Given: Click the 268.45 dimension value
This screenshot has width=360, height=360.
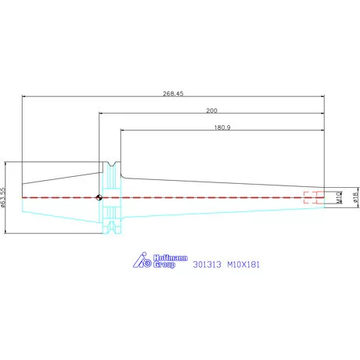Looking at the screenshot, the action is tap(173, 93).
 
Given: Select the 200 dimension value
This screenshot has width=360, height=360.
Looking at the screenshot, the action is tap(211, 110).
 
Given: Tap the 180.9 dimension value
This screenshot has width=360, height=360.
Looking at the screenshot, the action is tap(222, 128).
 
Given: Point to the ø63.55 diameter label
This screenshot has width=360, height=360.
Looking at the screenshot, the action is tap(3, 197).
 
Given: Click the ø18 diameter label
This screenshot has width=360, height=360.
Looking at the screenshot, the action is tap(355, 197).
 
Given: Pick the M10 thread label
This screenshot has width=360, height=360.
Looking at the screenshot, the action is tap(339, 197).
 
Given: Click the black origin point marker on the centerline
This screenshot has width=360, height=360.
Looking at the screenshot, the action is tap(99, 197).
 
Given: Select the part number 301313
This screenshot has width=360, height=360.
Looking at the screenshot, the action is tap(207, 265).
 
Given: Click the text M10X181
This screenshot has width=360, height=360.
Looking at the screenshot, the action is tap(243, 265).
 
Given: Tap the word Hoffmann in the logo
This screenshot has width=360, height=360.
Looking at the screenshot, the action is tap(171, 257).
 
